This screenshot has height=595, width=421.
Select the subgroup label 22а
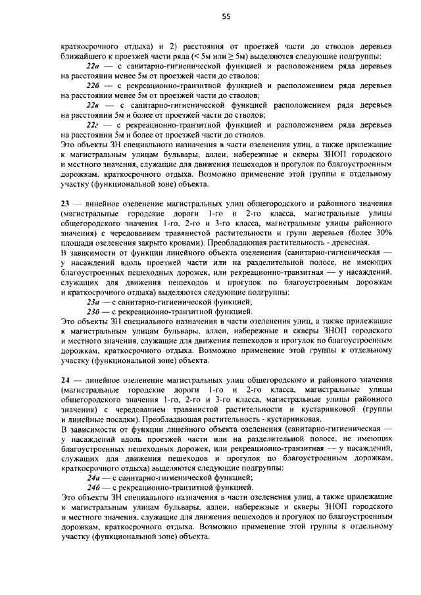click(x=93, y=67)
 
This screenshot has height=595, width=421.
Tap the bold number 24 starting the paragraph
click(x=65, y=381)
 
